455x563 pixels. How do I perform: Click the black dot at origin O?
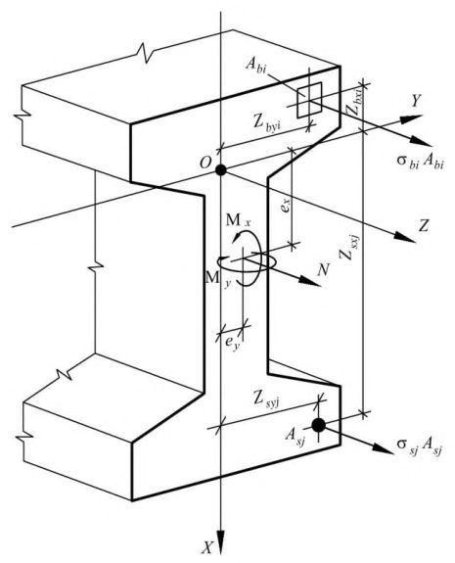(x=221, y=169)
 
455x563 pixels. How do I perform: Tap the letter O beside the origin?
(x=205, y=163)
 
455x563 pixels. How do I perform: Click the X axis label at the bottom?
(x=206, y=548)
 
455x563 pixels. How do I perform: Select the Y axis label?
(x=416, y=101)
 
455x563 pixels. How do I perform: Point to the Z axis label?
(x=424, y=226)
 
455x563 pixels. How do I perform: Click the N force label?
(x=323, y=269)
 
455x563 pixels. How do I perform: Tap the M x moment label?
(x=238, y=220)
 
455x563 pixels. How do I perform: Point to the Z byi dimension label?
(x=266, y=124)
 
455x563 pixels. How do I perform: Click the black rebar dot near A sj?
(x=318, y=425)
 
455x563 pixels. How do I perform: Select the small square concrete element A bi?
(x=309, y=100)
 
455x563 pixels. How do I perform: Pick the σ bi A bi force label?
(x=420, y=161)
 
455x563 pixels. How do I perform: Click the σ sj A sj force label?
(x=419, y=446)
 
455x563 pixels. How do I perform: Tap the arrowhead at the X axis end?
(x=220, y=544)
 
